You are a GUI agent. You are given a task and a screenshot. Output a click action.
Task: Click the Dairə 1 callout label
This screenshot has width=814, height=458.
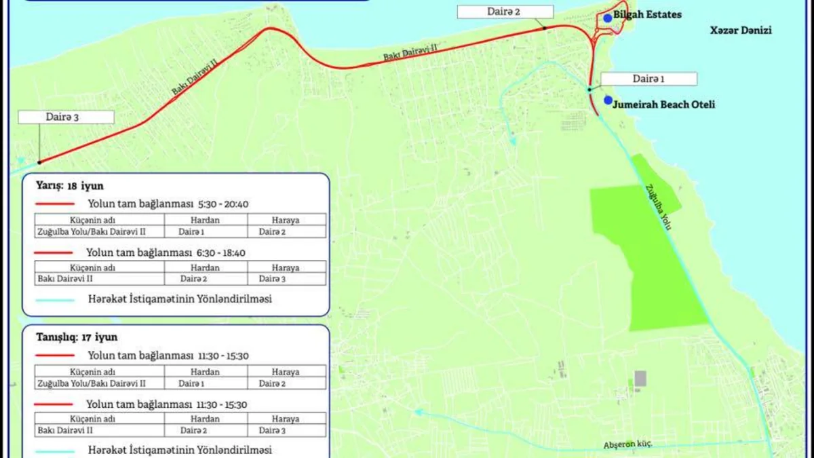[648, 79]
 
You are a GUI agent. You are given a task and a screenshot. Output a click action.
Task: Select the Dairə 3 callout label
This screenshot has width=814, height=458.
[66, 117]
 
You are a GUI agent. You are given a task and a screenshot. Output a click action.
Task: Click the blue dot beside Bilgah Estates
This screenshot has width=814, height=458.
[608, 18]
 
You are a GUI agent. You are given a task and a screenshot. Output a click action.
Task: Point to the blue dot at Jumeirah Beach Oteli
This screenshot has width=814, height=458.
[608, 100]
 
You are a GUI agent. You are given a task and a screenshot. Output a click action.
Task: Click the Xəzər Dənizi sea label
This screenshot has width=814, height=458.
[741, 31]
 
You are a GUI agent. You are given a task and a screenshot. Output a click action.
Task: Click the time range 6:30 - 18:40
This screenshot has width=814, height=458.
[222, 252]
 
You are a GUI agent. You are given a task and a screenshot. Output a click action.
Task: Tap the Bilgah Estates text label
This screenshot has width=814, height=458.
[647, 14]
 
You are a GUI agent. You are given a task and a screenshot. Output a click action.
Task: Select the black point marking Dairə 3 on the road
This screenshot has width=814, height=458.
[39, 162]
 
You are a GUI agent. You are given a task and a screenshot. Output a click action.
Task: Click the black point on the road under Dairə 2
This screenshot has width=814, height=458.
[545, 28]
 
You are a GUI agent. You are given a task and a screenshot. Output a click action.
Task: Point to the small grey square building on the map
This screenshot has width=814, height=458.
[640, 379]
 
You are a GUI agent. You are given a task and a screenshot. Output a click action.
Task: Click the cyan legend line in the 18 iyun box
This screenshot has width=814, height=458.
[54, 299]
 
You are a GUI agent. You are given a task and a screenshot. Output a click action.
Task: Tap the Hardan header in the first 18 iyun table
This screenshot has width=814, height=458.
[205, 220]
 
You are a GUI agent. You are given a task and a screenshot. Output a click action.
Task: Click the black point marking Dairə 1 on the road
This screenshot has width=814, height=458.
[589, 90]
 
